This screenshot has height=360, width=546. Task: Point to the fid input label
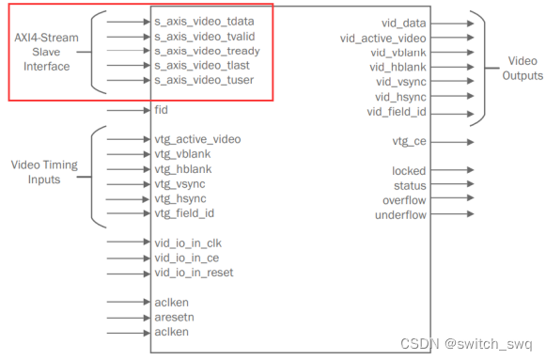click(162, 110)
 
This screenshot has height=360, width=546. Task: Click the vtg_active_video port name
click(197, 139)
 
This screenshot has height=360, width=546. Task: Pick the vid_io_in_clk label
click(188, 243)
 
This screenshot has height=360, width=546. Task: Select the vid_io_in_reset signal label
click(194, 273)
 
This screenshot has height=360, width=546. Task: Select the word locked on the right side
click(409, 171)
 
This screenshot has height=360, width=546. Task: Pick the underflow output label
click(401, 215)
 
